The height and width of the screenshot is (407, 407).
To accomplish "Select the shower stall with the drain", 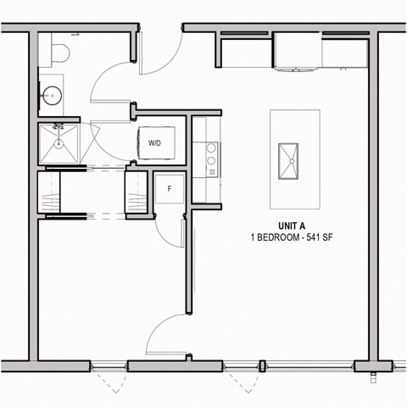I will (60, 144).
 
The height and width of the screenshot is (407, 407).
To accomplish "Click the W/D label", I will (156, 143).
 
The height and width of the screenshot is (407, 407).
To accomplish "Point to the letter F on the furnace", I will (170, 188).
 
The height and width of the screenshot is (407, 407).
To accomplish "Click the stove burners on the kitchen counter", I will (210, 156).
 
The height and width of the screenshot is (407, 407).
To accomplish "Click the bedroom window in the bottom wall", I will (109, 367).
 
